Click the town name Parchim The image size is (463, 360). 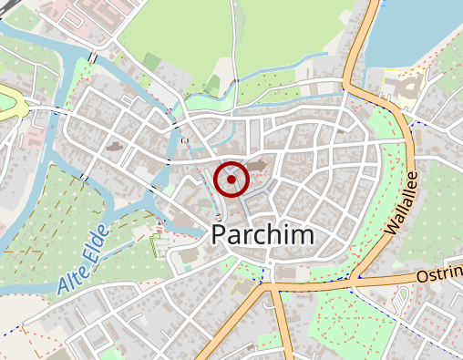point(263,234)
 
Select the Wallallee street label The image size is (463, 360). point(402,203)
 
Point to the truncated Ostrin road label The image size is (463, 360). point(439,275)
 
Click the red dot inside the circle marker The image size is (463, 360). point(232,179)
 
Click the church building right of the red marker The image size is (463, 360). point(260,166)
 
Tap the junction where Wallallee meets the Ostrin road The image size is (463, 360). point(356,279)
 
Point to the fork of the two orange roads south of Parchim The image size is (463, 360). point(270,285)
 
